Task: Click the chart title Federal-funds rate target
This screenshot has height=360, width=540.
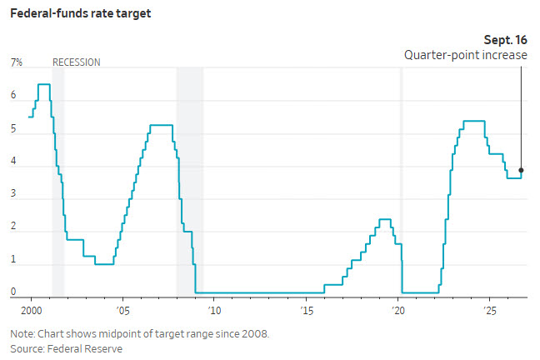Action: (81, 13)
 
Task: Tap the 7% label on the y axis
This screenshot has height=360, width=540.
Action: (17, 62)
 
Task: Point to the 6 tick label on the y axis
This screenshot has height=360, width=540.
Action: (13, 95)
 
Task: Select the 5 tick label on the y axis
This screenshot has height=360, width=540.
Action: (13, 128)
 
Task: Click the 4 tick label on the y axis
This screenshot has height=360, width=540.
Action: (13, 161)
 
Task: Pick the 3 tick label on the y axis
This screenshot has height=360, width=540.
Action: (13, 193)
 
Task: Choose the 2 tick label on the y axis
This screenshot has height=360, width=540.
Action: (13, 226)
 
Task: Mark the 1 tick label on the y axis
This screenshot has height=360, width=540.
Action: (13, 259)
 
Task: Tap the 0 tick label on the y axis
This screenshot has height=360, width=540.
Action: (13, 292)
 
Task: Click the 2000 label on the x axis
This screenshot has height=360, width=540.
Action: (32, 311)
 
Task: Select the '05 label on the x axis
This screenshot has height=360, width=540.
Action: (123, 311)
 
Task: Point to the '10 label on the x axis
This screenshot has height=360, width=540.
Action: (214, 311)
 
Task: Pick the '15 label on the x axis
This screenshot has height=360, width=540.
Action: (307, 311)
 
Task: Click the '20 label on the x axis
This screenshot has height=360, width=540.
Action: (398, 311)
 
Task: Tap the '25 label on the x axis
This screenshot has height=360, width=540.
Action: (490, 311)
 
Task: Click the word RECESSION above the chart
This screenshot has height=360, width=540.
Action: (77, 62)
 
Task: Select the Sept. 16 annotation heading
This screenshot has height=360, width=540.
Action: (506, 40)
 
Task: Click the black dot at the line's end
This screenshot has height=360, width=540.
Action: (521, 170)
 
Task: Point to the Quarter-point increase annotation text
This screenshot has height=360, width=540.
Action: (466, 55)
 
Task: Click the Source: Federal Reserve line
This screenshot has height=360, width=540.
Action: (67, 348)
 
